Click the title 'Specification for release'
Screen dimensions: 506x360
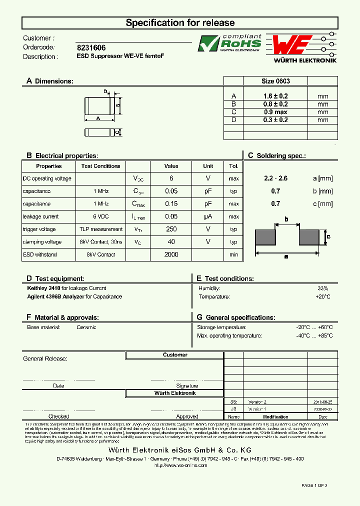click(180, 23)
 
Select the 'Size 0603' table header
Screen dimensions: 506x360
click(275, 81)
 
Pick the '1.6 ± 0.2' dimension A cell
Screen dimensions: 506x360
click(275, 96)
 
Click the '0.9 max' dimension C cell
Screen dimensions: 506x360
click(275, 112)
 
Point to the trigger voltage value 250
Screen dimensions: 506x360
click(171, 229)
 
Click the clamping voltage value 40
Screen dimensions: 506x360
click(171, 242)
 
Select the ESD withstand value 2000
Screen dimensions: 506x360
click(171, 254)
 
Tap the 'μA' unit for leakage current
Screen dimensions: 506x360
click(208, 216)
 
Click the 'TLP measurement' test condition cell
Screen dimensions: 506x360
click(100, 229)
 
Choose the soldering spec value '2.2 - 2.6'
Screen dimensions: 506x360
click(275, 178)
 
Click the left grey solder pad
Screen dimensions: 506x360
click(265, 237)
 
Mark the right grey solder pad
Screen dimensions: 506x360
click(309, 237)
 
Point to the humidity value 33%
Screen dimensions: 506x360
click(322, 288)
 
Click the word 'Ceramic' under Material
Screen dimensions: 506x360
click(86, 327)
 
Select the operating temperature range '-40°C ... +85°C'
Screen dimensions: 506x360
click(314, 336)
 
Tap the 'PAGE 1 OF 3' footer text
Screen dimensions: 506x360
click(314, 485)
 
